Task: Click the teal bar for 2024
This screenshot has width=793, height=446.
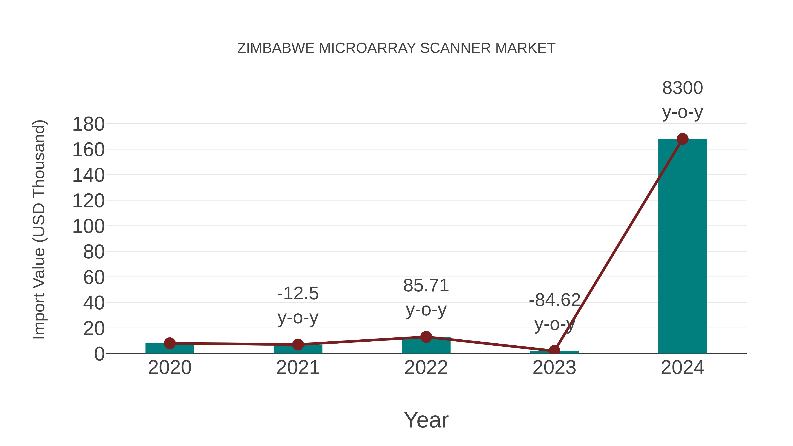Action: click(682, 246)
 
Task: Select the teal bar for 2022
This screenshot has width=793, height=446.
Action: click(426, 346)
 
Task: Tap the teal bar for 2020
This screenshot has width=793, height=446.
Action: click(170, 349)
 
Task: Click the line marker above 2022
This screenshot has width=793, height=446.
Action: click(426, 337)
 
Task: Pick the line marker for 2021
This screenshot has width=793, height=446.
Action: click(298, 344)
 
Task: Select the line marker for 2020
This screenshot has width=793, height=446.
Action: click(170, 343)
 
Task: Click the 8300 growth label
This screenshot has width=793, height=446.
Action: click(682, 88)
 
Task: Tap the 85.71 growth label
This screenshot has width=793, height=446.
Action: click(426, 286)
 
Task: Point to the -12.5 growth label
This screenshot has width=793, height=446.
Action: click(298, 293)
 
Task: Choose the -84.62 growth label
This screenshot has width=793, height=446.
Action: click(554, 300)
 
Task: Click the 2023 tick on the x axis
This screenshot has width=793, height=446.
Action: click(554, 368)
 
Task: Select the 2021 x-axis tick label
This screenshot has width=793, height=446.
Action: click(298, 368)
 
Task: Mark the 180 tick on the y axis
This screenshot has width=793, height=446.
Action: click(88, 124)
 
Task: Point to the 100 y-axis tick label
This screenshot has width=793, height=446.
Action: click(88, 227)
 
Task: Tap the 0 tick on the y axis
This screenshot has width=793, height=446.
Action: click(99, 354)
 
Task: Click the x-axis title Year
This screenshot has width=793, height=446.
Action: click(426, 420)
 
